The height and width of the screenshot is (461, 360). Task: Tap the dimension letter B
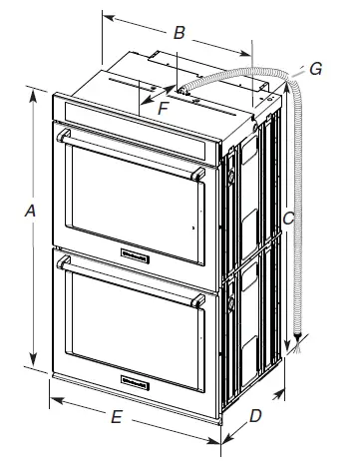tap(179, 33)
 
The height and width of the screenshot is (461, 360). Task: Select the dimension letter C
tap(286, 216)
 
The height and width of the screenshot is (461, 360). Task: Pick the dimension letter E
tap(116, 419)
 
